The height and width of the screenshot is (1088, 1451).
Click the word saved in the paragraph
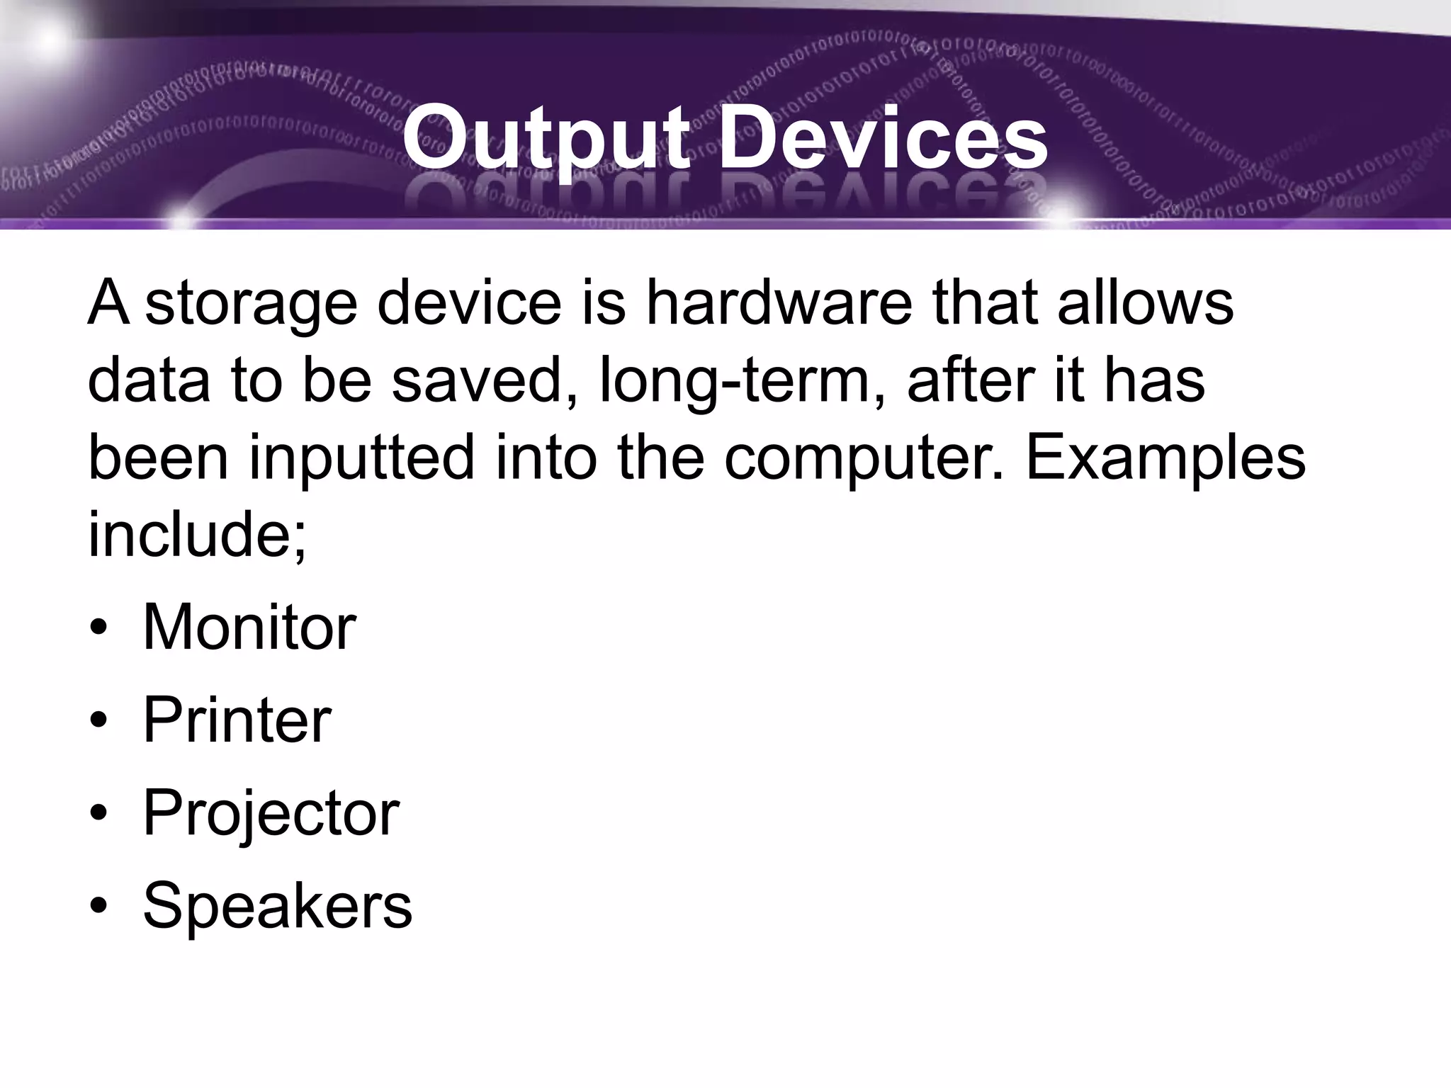pos(485,380)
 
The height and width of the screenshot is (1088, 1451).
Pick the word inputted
pos(361,458)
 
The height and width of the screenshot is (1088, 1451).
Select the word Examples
pos(1165,458)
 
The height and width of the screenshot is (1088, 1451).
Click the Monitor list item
pos(249,627)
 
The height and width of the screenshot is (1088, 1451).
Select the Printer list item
pos(237,720)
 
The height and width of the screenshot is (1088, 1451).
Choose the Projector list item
pos(271,812)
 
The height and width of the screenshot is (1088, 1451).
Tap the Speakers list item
pos(277,905)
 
